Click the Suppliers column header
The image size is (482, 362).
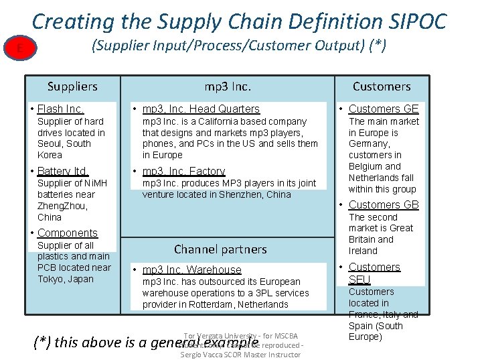point(72,86)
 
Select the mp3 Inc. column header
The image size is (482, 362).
point(228,86)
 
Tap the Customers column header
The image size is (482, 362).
point(381,86)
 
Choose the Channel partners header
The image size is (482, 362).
point(220,249)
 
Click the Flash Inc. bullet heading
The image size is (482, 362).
point(60,109)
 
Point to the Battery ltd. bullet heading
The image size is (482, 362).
point(62,171)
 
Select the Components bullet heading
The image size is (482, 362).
point(68,233)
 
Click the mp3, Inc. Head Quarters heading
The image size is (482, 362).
point(201,109)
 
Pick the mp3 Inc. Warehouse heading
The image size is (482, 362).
point(191,269)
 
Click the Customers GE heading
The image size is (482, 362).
point(384,109)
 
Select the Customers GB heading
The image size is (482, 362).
point(384,204)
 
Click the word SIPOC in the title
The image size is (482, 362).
point(414,21)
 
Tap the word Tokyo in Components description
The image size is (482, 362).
point(51,279)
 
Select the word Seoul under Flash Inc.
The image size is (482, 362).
point(50,144)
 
